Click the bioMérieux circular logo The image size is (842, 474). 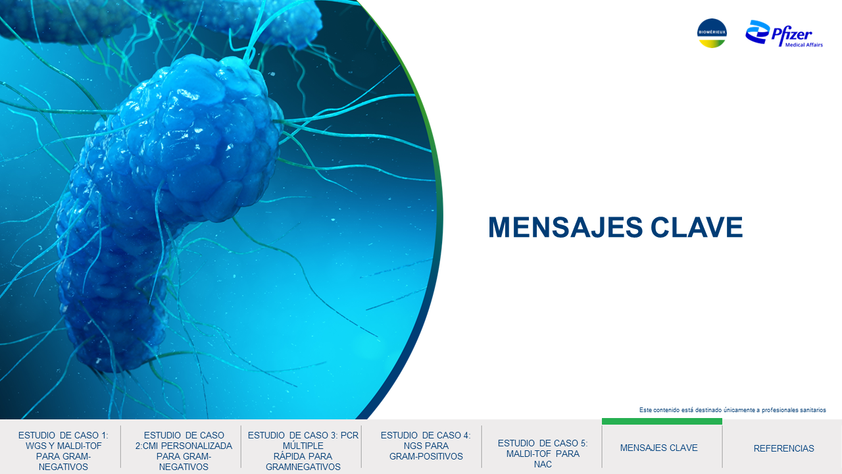click(712, 33)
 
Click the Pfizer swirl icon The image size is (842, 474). click(757, 32)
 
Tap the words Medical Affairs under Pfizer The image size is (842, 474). click(804, 45)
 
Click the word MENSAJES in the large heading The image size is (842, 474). click(565, 227)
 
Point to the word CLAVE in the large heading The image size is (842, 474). click(697, 227)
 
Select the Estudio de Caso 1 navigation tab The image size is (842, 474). click(63, 451)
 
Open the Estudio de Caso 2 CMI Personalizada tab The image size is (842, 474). click(184, 451)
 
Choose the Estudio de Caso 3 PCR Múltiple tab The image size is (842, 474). click(303, 451)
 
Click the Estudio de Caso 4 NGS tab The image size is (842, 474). click(426, 446)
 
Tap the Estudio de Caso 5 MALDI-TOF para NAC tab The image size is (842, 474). click(543, 454)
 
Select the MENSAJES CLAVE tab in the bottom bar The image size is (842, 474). click(659, 448)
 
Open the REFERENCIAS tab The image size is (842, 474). click(783, 448)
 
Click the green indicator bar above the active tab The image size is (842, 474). click(662, 421)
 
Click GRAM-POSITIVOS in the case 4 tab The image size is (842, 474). click(426, 456)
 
